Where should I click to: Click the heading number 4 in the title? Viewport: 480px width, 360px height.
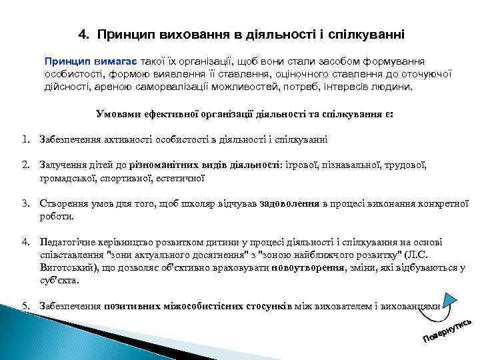[83, 32]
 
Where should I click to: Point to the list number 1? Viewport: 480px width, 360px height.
[25, 139]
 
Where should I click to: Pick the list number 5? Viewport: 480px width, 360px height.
[25, 306]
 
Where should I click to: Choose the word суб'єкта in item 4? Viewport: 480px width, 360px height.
[59, 280]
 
